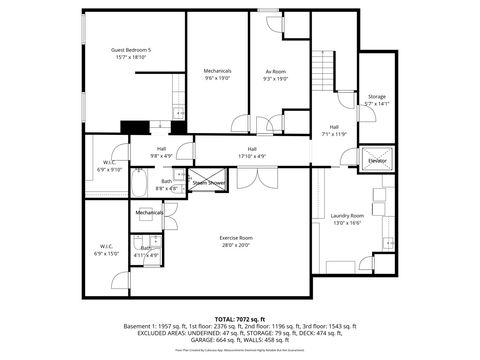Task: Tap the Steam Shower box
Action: [x=209, y=183]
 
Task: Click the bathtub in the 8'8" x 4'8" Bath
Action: [x=140, y=183]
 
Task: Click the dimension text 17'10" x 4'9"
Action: [x=252, y=155]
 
